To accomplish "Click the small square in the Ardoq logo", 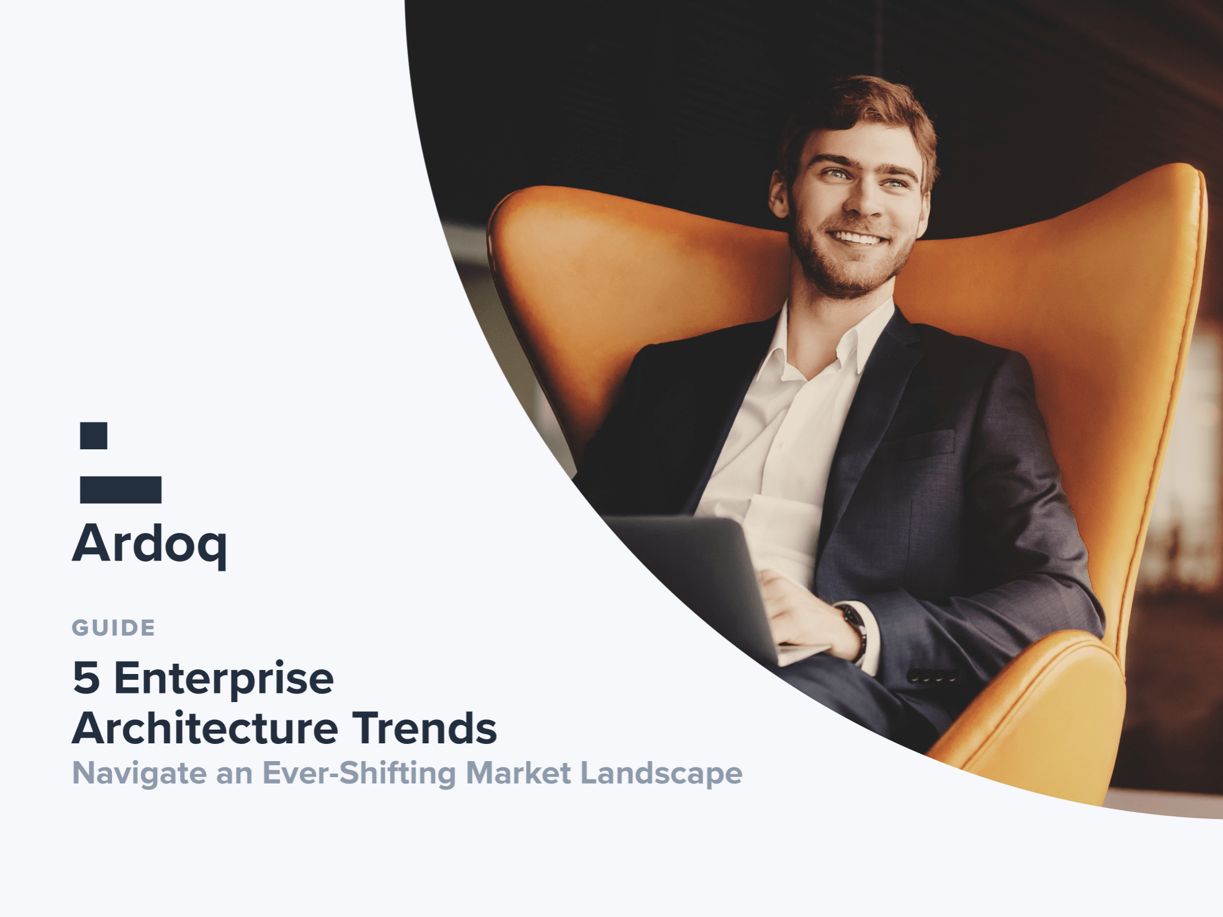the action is tap(93, 436).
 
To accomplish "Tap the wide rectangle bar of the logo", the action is tap(120, 489).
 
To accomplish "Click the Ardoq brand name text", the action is tap(150, 545).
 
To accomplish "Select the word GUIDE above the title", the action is tap(114, 628).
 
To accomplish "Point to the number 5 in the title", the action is tap(86, 677).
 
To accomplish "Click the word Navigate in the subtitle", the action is tap(139, 774).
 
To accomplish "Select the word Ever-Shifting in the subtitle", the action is tap(360, 773).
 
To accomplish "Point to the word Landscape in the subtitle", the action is tap(662, 774).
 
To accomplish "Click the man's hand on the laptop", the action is tap(803, 613).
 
